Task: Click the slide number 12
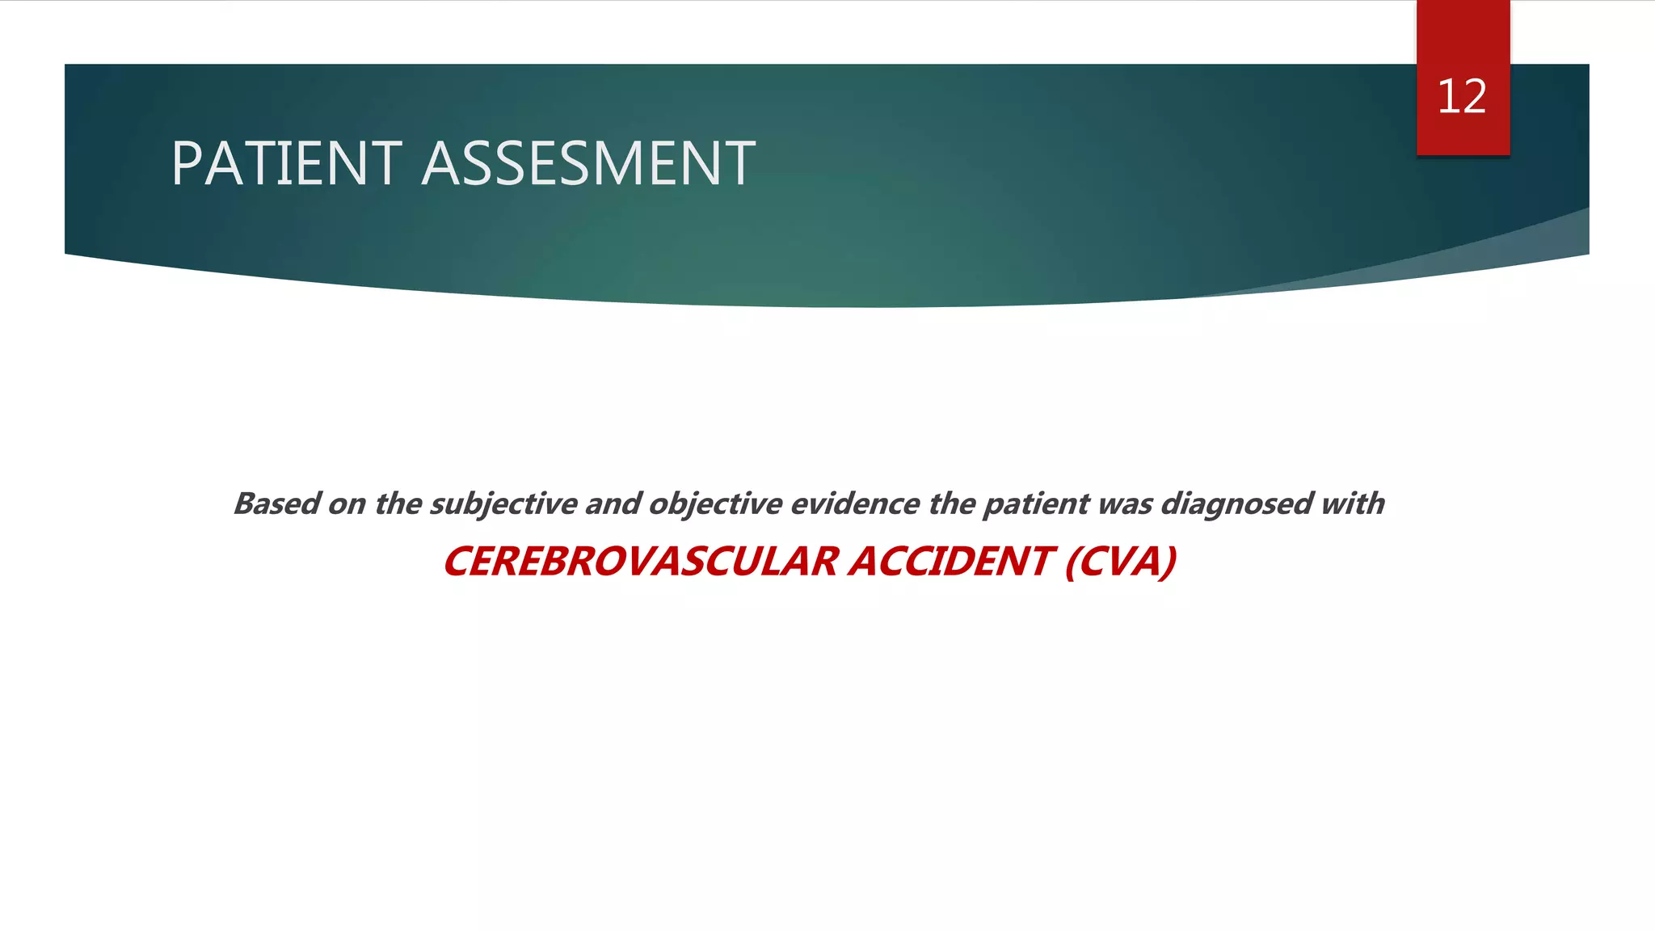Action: click(x=1462, y=97)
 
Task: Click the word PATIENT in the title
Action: click(x=286, y=164)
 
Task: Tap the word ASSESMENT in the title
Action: click(x=588, y=164)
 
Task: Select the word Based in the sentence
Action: click(x=276, y=503)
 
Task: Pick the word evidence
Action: click(x=854, y=503)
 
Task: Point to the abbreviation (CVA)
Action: click(x=1121, y=562)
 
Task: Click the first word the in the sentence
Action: click(x=398, y=503)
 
